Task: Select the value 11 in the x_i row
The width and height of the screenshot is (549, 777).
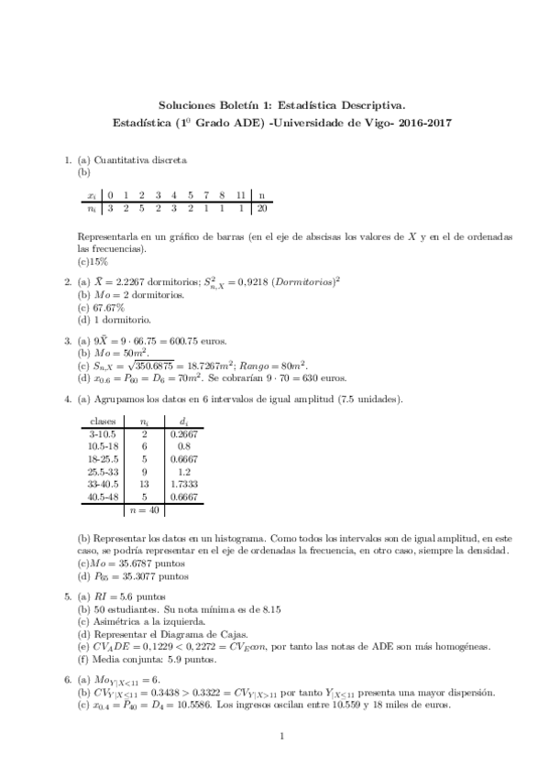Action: coord(239,195)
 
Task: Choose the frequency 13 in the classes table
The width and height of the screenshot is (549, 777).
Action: coord(144,484)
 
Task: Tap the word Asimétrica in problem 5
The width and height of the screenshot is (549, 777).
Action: coord(114,621)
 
